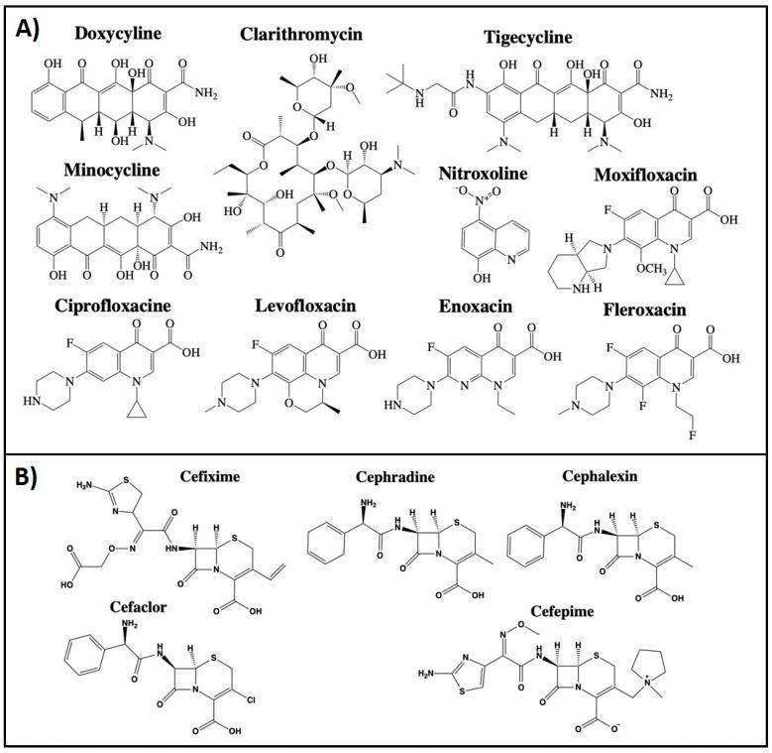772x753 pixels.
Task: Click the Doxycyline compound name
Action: click(x=119, y=34)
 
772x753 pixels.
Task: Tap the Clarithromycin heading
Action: click(x=301, y=35)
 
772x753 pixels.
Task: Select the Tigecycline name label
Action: click(x=527, y=37)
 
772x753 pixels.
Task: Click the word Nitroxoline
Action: click(x=483, y=174)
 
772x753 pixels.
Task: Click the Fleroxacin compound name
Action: click(x=644, y=310)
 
